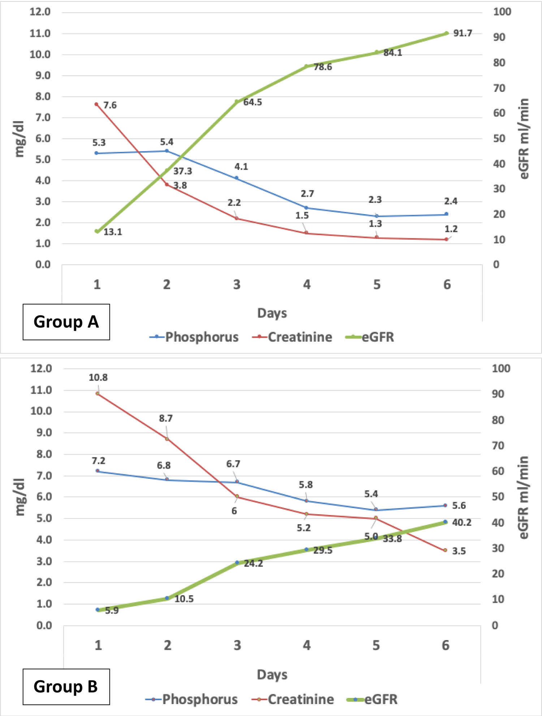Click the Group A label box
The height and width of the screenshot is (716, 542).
pyautogui.click(x=66, y=322)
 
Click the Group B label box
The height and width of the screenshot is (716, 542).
pyautogui.click(x=66, y=686)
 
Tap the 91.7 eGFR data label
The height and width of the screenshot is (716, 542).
pyautogui.click(x=463, y=33)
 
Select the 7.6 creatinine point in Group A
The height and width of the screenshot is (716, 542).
pyautogui.click(x=96, y=105)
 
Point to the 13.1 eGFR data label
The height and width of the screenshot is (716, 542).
pyautogui.click(x=113, y=232)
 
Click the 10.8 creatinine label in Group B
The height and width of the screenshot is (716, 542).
pyautogui.click(x=98, y=378)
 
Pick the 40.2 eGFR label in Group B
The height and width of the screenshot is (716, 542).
pyautogui.click(x=461, y=522)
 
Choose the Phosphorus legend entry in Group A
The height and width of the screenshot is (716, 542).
pyautogui.click(x=194, y=337)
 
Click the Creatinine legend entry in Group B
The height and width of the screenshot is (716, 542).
pyautogui.click(x=293, y=699)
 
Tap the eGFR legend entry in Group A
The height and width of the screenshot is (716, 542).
pyautogui.click(x=370, y=337)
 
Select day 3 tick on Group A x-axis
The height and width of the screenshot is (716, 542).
pyautogui.click(x=237, y=285)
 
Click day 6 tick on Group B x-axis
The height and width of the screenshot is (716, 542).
pyautogui.click(x=446, y=645)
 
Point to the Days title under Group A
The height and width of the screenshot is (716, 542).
pyautogui.click(x=272, y=313)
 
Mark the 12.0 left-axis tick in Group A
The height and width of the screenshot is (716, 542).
pyautogui.click(x=40, y=12)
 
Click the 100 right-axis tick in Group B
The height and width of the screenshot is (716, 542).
pyautogui.click(x=501, y=368)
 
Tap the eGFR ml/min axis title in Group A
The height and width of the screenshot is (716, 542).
pyautogui.click(x=524, y=138)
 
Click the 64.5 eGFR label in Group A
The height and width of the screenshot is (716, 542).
pyautogui.click(x=252, y=102)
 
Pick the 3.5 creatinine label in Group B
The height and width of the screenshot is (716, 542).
pyautogui.click(x=459, y=551)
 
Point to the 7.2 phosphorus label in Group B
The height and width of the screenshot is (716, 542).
pyautogui.click(x=98, y=461)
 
